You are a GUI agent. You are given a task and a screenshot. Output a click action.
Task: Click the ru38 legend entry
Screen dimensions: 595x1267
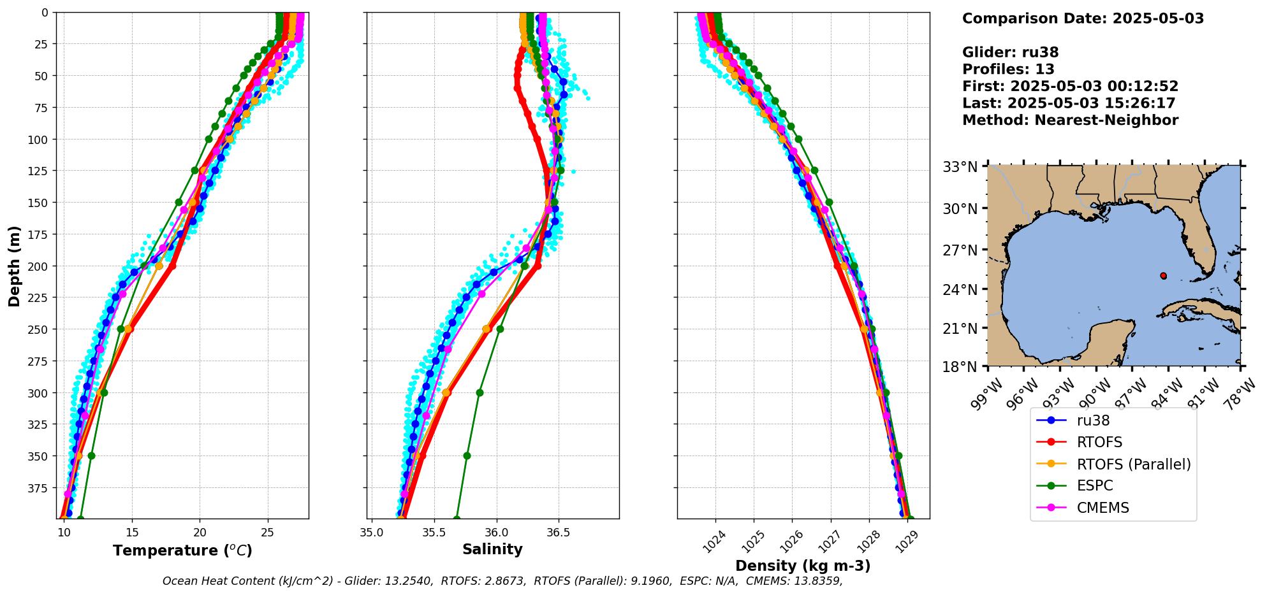click(1093, 420)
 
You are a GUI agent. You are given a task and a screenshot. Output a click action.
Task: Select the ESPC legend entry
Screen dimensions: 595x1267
click(1095, 485)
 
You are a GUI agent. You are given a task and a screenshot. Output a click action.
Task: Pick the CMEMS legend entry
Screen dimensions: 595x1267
click(1102, 508)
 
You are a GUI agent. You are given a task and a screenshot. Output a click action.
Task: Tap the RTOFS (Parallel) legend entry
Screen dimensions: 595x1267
click(1133, 464)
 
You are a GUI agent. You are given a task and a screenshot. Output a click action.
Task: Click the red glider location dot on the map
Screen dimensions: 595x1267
click(1163, 276)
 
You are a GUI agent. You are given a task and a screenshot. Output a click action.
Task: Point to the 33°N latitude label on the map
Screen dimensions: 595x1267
click(960, 168)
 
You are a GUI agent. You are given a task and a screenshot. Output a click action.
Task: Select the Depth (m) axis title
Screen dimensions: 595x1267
click(14, 266)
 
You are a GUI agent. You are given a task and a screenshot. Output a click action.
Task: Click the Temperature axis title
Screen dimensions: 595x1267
click(182, 550)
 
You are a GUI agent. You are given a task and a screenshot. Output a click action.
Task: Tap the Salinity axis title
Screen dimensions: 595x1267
click(492, 549)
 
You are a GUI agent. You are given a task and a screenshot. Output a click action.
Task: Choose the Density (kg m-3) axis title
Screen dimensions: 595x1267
click(803, 566)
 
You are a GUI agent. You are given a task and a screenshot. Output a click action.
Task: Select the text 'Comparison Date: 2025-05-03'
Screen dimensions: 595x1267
click(1083, 18)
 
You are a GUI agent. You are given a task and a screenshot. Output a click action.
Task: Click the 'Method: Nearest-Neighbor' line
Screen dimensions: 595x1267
click(1070, 120)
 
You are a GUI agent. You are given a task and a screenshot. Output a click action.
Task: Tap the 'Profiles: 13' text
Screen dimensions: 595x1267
click(1008, 69)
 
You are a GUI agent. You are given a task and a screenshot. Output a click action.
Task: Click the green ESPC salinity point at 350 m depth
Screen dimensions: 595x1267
click(467, 455)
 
